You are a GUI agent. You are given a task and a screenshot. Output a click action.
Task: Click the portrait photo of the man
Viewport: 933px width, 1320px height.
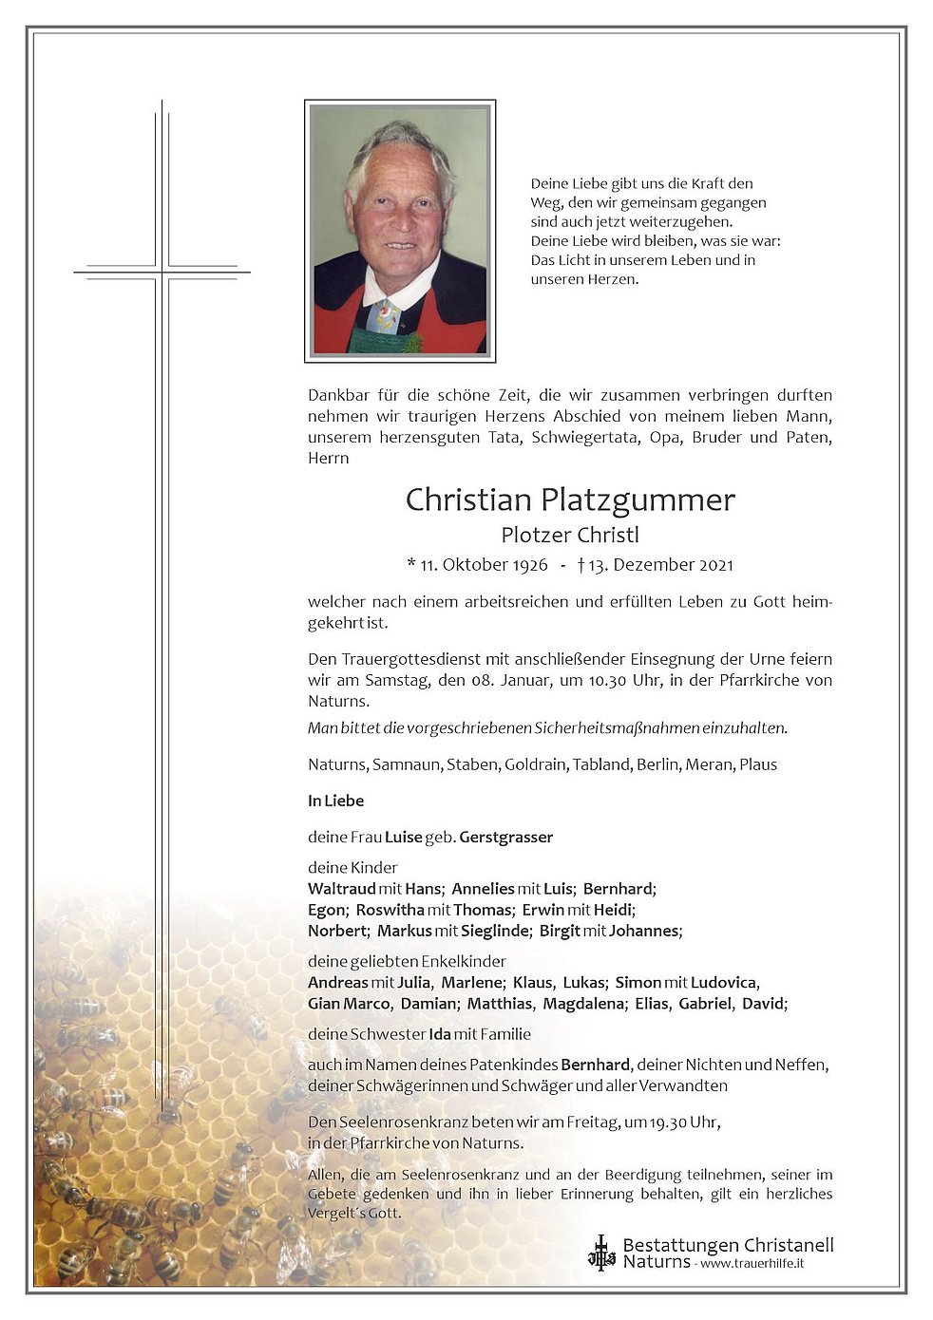coord(400,231)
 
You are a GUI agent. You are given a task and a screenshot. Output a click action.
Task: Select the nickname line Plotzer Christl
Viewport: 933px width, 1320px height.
coord(570,535)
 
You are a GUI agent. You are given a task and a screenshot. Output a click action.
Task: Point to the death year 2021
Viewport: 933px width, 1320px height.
coord(716,565)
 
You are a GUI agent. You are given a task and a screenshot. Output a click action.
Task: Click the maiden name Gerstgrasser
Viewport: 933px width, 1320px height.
coord(505,837)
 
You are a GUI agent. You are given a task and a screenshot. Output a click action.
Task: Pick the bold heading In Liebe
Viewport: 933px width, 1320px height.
coord(335,801)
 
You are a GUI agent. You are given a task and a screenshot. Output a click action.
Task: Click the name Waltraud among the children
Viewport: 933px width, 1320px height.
coord(342,889)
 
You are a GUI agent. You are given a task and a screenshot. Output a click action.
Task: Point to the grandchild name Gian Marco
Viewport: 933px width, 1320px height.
coord(349,1003)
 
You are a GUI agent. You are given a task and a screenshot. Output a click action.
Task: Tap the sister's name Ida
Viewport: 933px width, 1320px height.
coord(440,1034)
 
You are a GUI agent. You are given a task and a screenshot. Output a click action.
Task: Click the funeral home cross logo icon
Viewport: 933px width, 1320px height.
coord(601,1253)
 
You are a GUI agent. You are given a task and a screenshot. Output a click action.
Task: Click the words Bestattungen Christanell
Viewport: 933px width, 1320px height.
coord(728,1245)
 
